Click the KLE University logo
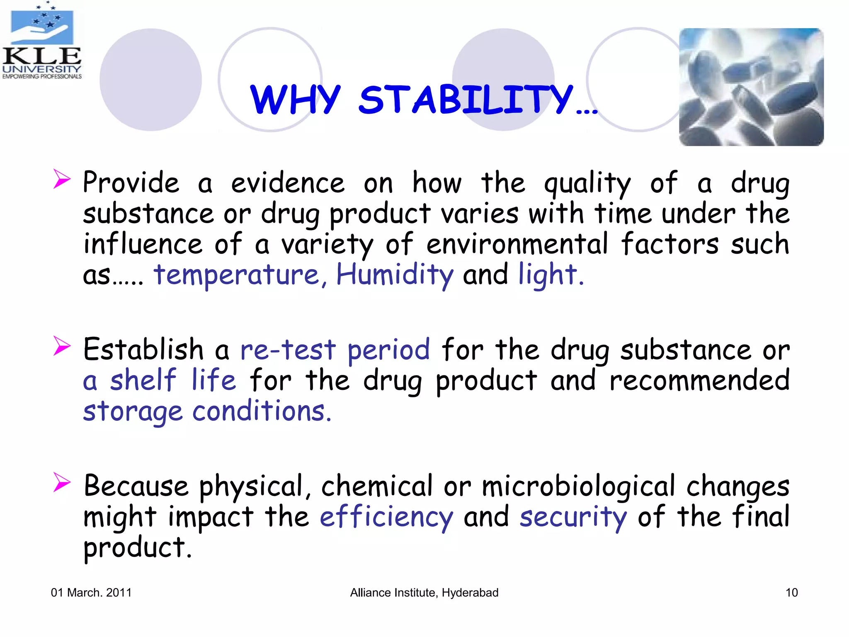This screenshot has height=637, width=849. tap(41, 41)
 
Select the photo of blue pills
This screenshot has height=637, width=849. tap(751, 87)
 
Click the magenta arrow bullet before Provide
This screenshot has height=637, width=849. tap(62, 180)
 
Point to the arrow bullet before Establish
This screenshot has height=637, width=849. tap(62, 346)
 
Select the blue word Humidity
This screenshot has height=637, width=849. tap(395, 275)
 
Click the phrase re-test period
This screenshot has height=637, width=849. tap(335, 349)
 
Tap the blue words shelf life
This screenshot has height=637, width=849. tap(172, 380)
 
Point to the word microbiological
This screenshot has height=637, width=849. tap(578, 486)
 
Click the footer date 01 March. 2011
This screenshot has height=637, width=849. tap(91, 593)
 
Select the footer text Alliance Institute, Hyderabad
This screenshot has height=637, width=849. tap(424, 593)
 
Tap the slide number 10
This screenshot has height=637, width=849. tap(791, 593)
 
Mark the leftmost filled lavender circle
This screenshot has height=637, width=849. tap(150, 80)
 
